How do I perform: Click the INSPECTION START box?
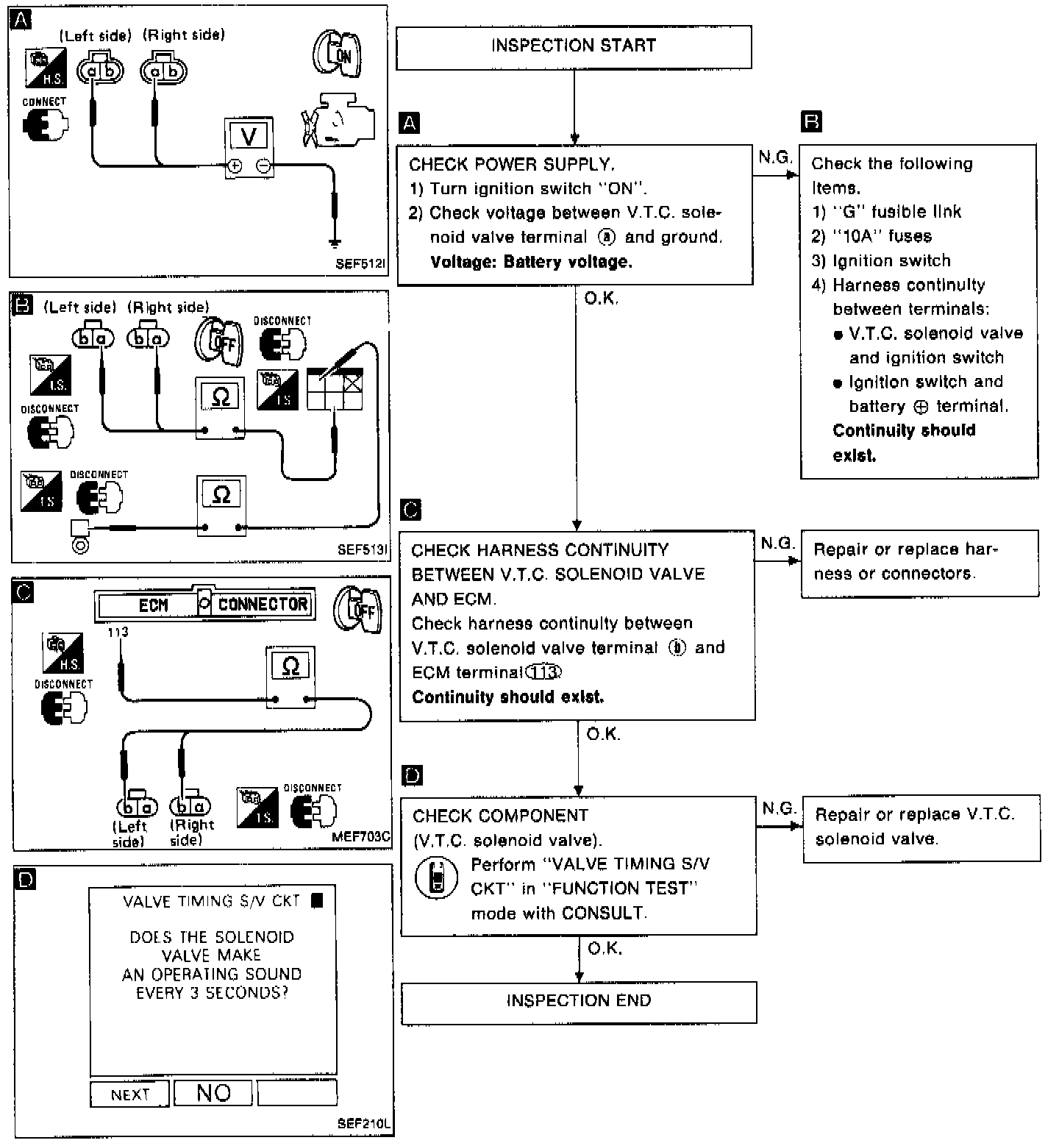point(574,47)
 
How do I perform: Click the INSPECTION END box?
point(579,1001)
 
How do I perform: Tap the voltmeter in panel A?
point(249,147)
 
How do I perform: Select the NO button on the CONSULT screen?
point(213,1093)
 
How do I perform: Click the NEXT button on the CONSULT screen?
point(130,1094)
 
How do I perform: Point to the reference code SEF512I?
point(360,263)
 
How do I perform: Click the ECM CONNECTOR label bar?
point(205,605)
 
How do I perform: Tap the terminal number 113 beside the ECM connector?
point(118,631)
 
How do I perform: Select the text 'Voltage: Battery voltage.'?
point(530,262)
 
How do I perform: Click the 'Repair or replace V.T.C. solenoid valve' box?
point(921,827)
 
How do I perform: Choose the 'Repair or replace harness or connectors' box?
point(919,563)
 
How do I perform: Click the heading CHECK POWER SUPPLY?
point(512,164)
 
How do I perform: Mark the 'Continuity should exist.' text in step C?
point(507,697)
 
